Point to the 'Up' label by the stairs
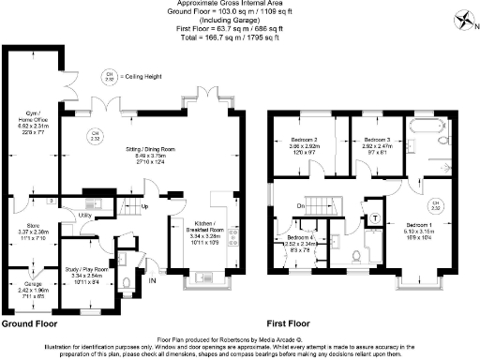[x=144, y=206]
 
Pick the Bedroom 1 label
[x=419, y=225]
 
